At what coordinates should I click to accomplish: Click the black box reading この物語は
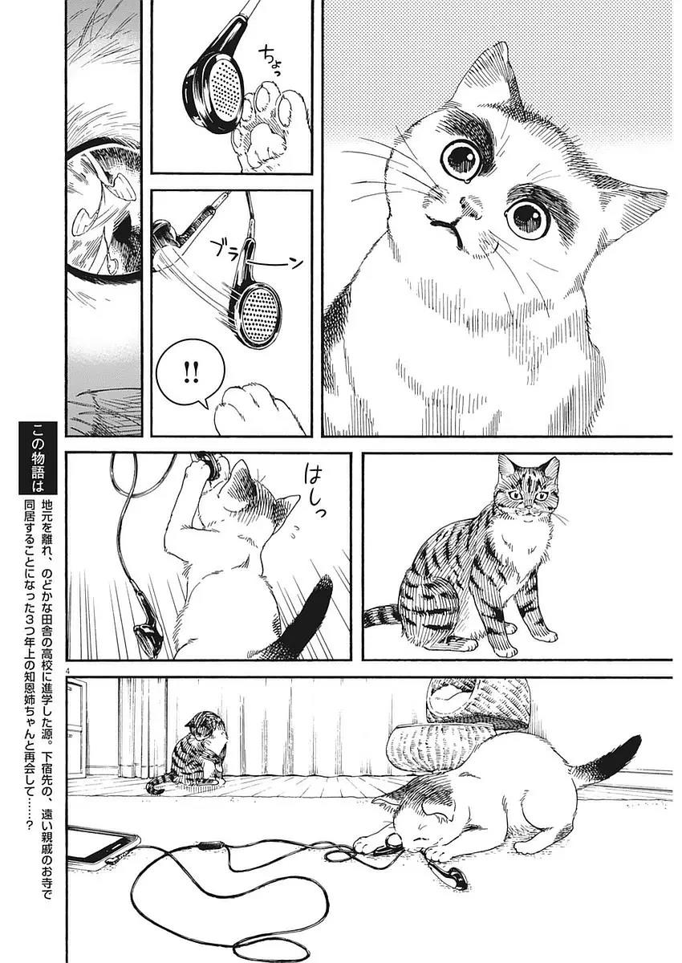tap(38, 458)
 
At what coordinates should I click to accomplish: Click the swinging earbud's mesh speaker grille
tap(261, 304)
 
